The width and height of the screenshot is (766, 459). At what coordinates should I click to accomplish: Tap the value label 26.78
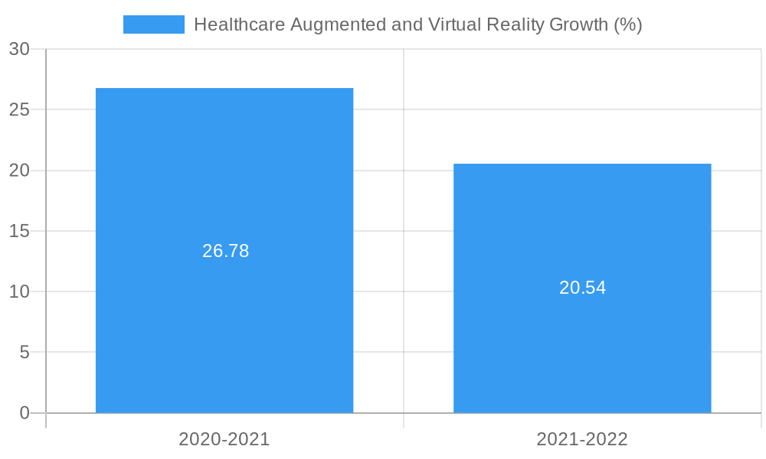(226, 251)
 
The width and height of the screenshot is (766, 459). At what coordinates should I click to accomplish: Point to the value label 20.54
(583, 288)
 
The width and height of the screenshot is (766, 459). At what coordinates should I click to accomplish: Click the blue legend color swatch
(153, 24)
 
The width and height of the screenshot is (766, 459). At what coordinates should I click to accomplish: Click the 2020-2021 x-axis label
(224, 439)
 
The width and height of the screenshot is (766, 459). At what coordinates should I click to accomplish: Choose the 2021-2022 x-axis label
(582, 439)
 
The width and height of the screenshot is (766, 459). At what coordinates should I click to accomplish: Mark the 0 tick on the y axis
(24, 413)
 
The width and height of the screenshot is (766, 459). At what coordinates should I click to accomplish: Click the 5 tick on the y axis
(24, 353)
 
